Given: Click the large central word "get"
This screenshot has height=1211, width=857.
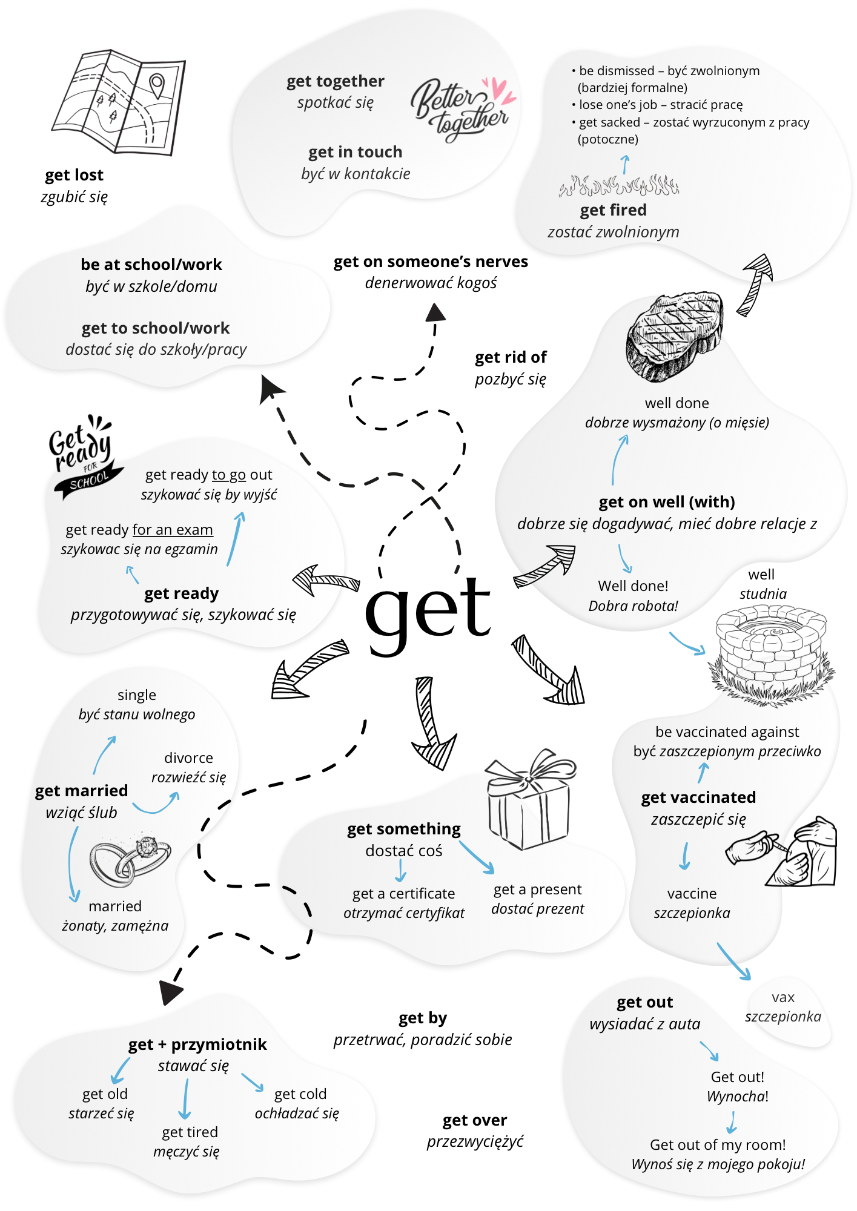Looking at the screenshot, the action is pyautogui.click(x=428, y=613).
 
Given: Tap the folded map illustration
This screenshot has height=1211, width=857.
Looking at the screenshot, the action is pyautogui.click(x=119, y=102).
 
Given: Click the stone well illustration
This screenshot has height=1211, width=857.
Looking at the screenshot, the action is pyautogui.click(x=771, y=655).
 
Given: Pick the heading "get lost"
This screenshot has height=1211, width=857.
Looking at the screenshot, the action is pyautogui.click(x=74, y=175).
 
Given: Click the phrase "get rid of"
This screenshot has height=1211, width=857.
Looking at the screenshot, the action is pyautogui.click(x=511, y=357).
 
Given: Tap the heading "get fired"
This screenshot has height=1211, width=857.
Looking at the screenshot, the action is pyautogui.click(x=614, y=210).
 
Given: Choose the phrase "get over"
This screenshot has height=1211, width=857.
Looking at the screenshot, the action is pyautogui.click(x=475, y=1120).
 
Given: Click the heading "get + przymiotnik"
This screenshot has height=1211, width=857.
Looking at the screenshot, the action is pyautogui.click(x=197, y=1044).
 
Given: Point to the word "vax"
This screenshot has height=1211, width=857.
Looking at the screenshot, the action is pyautogui.click(x=783, y=997).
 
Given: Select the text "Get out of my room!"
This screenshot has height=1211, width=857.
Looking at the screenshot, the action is pyautogui.click(x=718, y=1144).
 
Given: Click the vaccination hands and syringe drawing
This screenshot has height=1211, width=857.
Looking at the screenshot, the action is pyautogui.click(x=781, y=851).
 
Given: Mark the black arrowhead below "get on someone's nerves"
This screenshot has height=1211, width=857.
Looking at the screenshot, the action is pyautogui.click(x=435, y=312).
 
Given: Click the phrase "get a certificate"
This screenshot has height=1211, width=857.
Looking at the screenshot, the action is pyautogui.click(x=404, y=894).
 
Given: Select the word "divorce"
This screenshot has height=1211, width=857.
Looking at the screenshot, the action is pyautogui.click(x=188, y=758).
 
